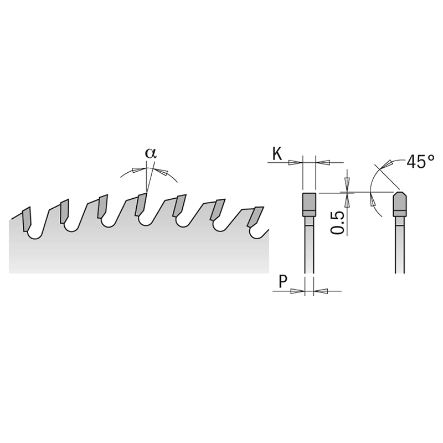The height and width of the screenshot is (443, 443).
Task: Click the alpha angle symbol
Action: pyautogui.click(x=151, y=153)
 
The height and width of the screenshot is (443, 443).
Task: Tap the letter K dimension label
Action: pyautogui.click(x=277, y=154)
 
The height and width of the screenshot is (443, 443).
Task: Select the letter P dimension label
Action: pyautogui.click(x=283, y=281)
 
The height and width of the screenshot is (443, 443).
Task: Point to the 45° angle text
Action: pyautogui.click(x=420, y=162)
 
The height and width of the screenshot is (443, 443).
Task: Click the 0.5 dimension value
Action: pyautogui.click(x=338, y=223)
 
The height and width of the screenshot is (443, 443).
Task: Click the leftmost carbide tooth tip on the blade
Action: pyautogui.click(x=26, y=219)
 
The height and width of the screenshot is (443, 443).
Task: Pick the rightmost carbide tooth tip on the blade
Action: pyautogui.click(x=255, y=217)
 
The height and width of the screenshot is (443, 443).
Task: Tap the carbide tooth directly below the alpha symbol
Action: pyautogui.click(x=142, y=204)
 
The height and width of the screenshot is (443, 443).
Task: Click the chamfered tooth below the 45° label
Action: pyautogui.click(x=400, y=204)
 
